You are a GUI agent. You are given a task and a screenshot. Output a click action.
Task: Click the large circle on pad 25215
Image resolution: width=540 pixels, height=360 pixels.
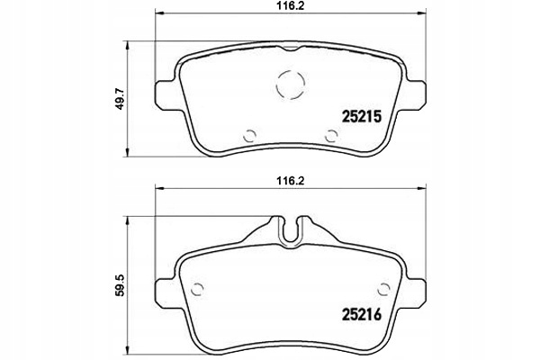tap(291, 85)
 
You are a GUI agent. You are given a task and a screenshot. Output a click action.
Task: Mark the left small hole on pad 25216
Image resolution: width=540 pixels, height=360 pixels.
tap(199, 289)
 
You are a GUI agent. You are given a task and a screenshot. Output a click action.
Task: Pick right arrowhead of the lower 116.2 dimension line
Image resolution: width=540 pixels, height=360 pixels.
tap(419, 189)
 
